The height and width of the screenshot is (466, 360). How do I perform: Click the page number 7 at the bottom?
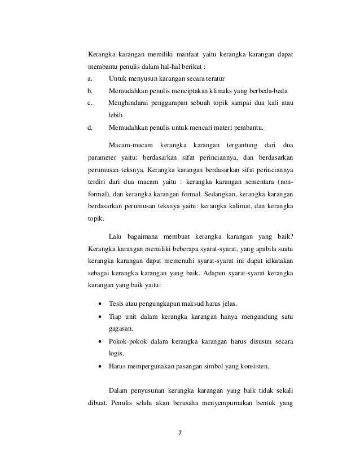179,434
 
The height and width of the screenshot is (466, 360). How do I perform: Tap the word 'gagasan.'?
121,329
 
